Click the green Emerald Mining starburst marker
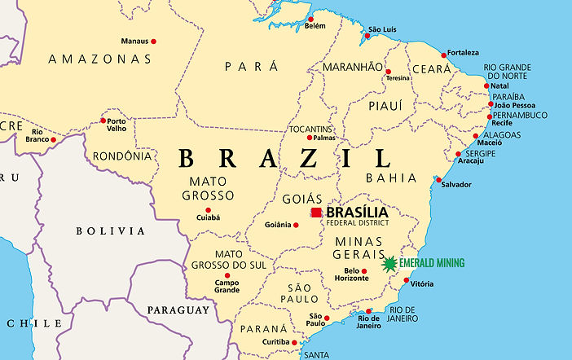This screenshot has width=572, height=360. (x=390, y=263)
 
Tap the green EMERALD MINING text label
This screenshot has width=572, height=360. (x=432, y=263)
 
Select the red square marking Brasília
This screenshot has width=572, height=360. (x=316, y=213)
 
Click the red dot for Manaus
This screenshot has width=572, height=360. (x=153, y=41)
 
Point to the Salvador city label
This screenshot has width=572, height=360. (x=455, y=185)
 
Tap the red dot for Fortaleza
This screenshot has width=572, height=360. (x=444, y=55)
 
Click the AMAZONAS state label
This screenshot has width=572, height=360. (x=99, y=59)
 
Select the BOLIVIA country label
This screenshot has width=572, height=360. (x=110, y=231)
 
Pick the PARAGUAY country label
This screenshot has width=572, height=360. (x=178, y=310)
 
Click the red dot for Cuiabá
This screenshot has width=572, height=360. (x=208, y=210)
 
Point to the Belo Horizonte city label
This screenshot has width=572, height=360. (x=352, y=274)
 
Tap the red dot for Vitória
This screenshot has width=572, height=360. (x=407, y=282)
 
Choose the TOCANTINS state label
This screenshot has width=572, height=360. (x=311, y=129)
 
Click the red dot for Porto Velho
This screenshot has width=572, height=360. (x=103, y=121)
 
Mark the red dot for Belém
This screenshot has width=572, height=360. (x=310, y=19)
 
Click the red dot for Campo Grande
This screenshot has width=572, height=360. (x=227, y=275)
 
